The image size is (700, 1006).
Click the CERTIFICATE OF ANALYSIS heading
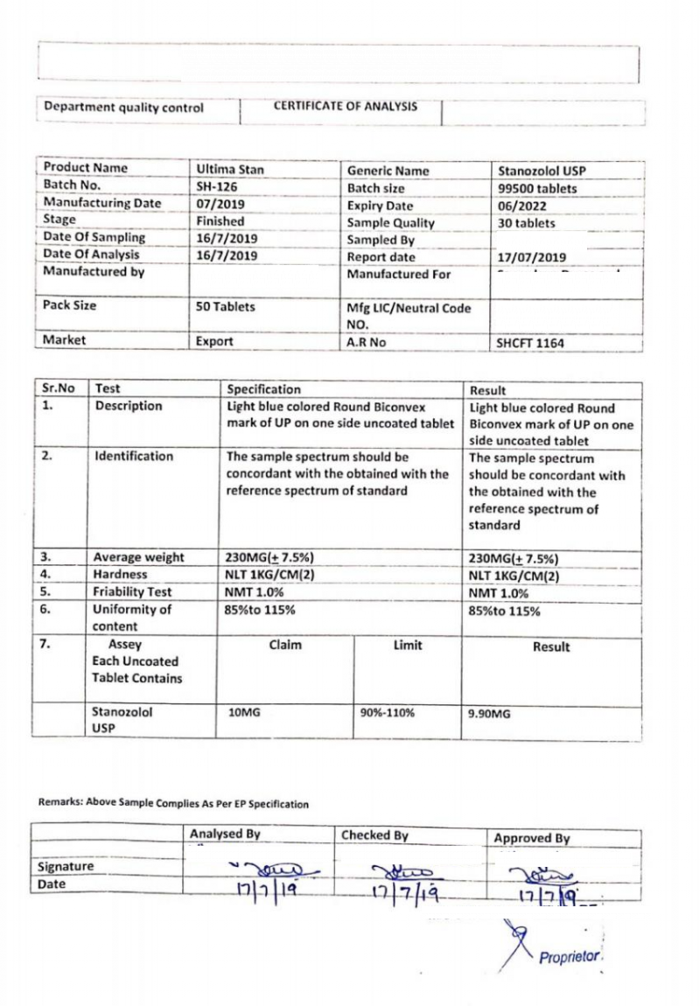[346, 108]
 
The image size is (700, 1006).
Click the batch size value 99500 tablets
[537, 189]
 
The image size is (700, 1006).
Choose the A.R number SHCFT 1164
[531, 344]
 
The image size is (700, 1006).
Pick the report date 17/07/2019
[532, 258]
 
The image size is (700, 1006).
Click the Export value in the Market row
[215, 342]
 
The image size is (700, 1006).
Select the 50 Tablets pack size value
[227, 307]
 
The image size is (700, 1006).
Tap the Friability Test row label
[132, 592]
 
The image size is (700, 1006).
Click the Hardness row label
[121, 575]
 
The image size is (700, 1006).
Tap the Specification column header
[263, 389]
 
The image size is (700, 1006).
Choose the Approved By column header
[532, 838]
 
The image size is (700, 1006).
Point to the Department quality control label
[123, 108]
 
